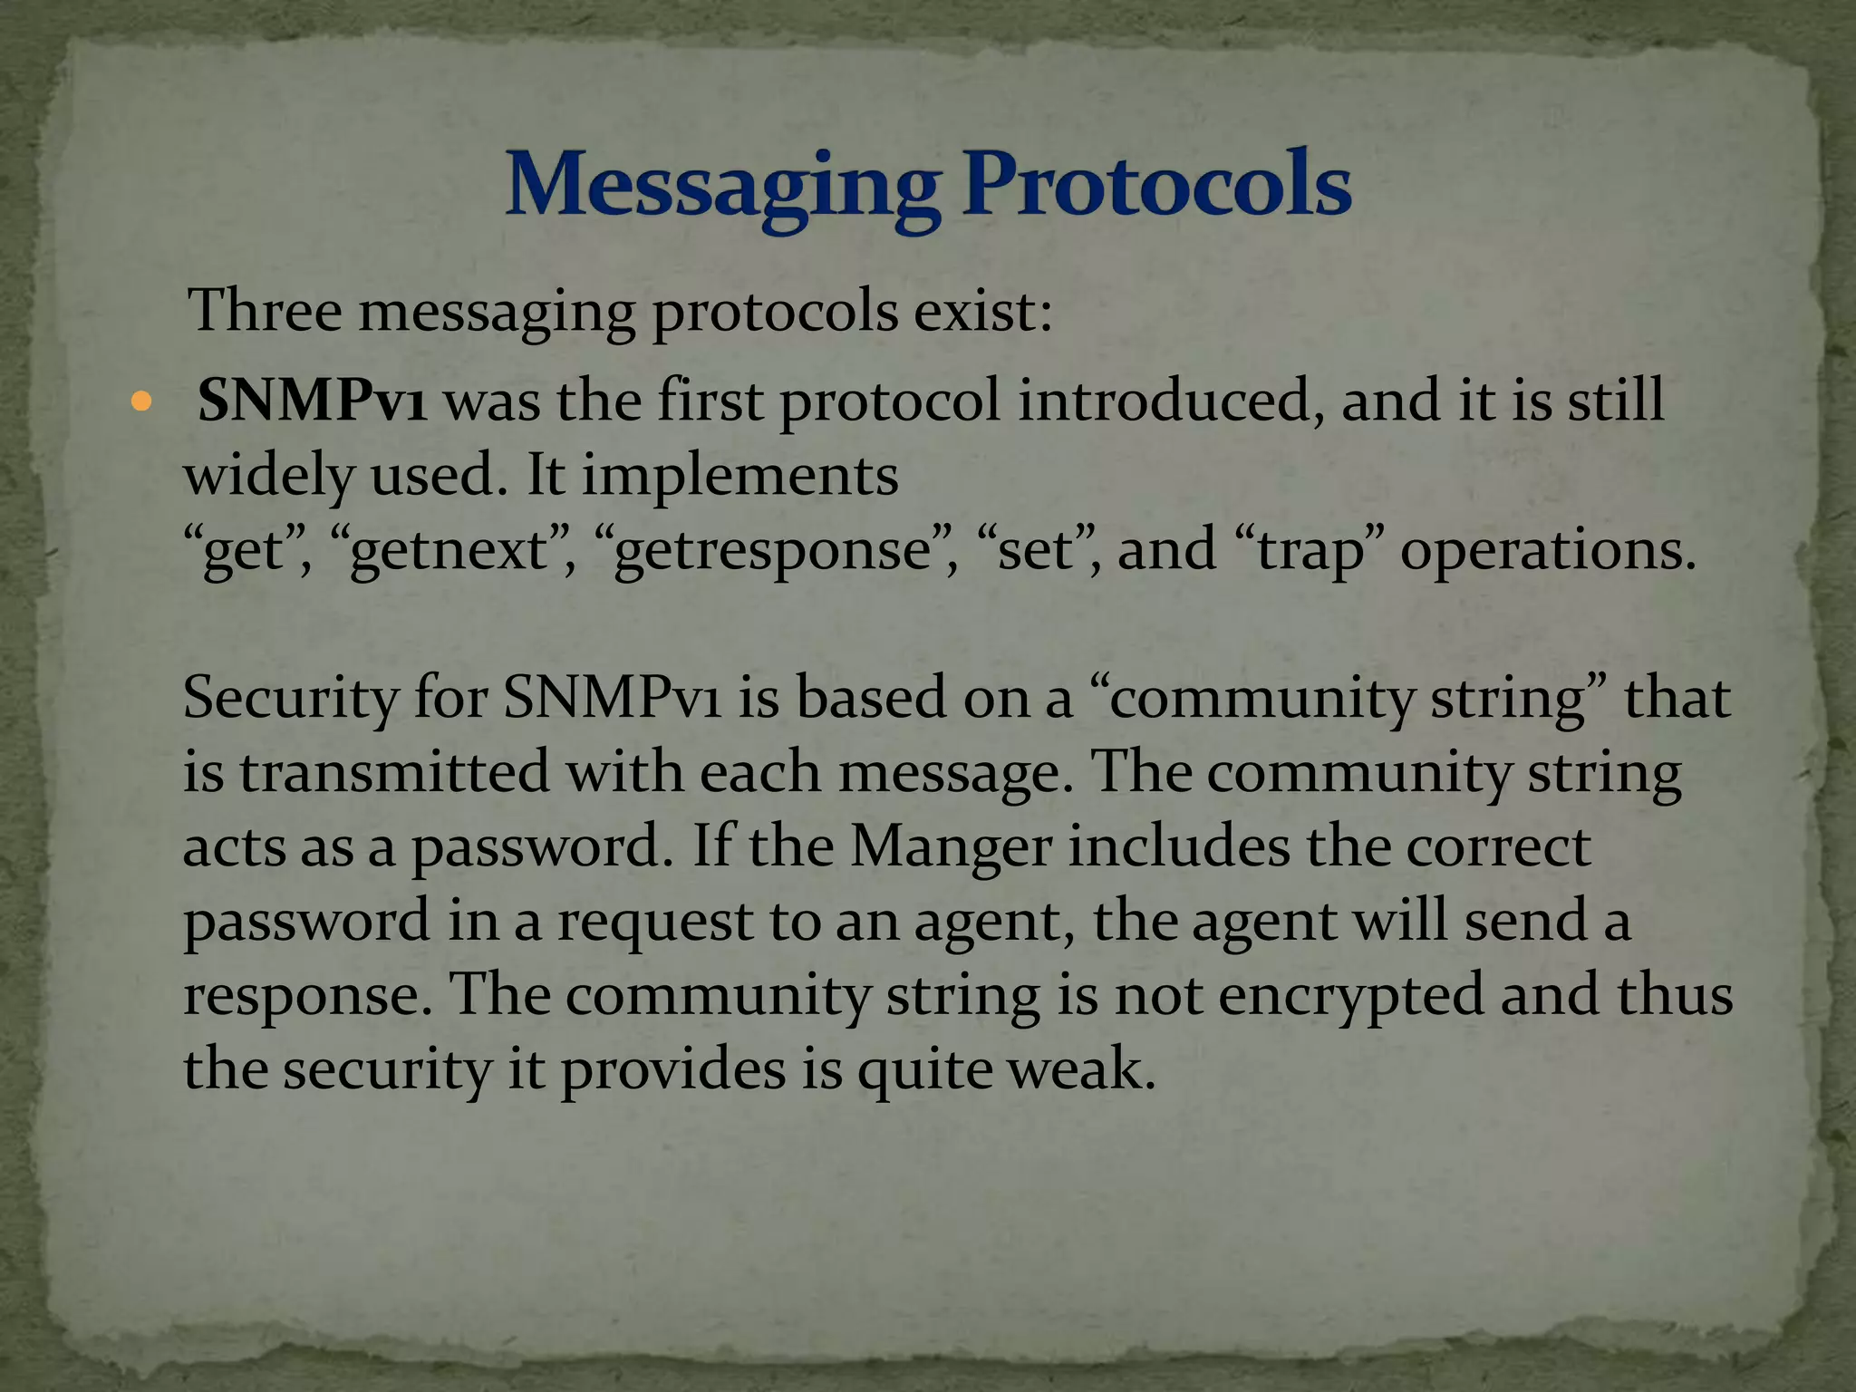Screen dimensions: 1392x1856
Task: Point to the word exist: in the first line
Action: coord(982,311)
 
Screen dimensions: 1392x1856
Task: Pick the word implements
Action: coord(739,475)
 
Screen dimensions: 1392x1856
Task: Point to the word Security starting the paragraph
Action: coord(290,699)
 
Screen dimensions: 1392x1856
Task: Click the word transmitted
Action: coord(395,772)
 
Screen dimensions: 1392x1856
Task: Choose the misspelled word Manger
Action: coord(951,846)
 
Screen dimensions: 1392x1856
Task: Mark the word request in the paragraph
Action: coord(654,921)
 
